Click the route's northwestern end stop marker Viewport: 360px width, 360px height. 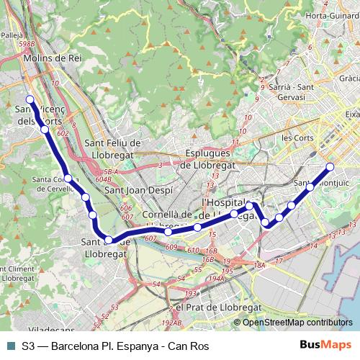coord(30,99)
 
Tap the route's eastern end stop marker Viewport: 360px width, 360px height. coord(330,167)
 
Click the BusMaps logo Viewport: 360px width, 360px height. coord(325,346)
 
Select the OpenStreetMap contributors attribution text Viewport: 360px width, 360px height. coord(298,323)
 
